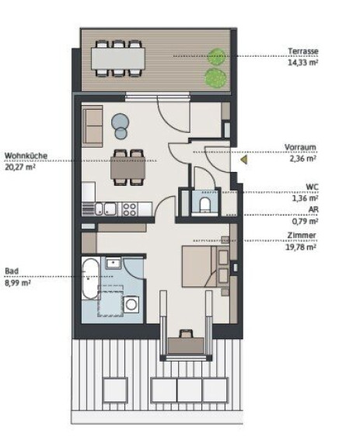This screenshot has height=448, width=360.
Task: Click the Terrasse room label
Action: [303, 51]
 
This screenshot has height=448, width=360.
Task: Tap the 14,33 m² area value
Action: [303, 62]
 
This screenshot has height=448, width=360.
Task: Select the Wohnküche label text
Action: [26, 156]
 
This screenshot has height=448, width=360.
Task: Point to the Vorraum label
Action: [300, 148]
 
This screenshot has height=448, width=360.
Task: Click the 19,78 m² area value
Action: [301, 247]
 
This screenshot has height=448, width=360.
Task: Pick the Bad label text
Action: [12, 271]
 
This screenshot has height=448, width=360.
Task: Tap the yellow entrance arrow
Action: [244, 159]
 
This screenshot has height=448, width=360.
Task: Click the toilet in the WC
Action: [204, 205]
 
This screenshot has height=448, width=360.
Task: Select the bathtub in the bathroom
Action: [90, 278]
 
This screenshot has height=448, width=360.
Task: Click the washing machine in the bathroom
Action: [131, 305]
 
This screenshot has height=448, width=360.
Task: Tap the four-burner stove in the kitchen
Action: [129, 209]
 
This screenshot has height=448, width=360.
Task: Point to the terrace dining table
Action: [118, 58]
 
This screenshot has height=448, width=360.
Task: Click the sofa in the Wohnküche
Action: [92, 126]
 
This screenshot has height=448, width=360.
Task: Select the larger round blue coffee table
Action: [120, 121]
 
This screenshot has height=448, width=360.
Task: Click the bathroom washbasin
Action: [114, 263]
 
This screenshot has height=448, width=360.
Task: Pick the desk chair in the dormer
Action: [186, 334]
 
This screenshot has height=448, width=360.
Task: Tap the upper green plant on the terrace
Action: [217, 57]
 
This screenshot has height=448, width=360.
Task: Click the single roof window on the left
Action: [115, 390]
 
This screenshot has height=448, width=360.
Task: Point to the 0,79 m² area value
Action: [305, 221]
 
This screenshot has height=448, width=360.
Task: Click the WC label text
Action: [312, 187]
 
